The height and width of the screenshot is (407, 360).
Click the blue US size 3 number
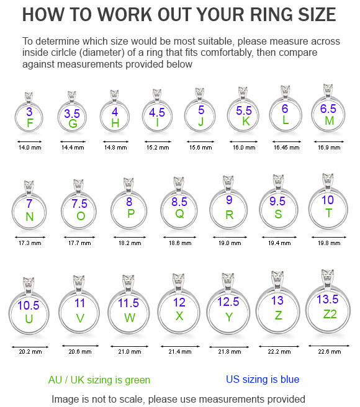[29, 112]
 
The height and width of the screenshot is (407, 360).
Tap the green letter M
[329, 121]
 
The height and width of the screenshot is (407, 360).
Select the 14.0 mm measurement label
[30, 148]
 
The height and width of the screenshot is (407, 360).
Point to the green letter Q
[179, 214]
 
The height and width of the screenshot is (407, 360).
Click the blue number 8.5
[179, 202]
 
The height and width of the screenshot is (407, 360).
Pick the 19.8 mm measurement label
[329, 243]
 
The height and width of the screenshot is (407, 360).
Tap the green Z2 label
[330, 314]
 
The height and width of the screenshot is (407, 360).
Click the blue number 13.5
[328, 299]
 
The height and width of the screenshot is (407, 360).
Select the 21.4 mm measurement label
[180, 352]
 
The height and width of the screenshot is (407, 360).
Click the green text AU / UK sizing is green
[99, 380]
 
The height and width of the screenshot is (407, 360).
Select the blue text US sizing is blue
[263, 379]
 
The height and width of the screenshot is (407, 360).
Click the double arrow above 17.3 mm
[30, 237]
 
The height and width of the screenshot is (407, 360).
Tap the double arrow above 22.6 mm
[329, 346]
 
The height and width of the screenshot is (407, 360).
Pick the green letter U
[29, 319]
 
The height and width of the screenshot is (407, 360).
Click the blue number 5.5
[244, 110]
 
